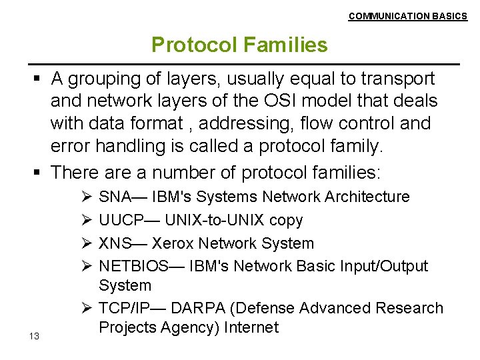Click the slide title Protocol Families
239,45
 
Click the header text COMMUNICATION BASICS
407,16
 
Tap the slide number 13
34,336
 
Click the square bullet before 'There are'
38,173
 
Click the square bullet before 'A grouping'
38,79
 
